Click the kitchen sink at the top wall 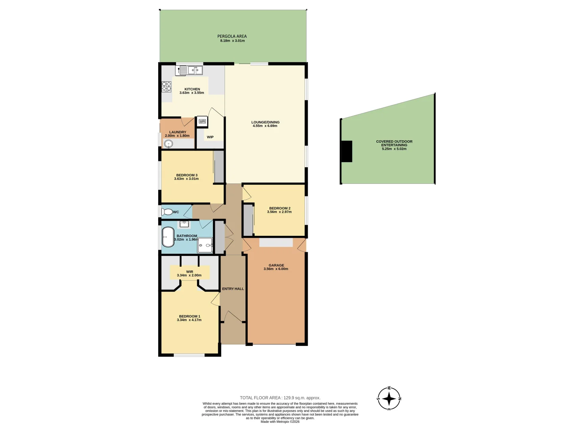[190, 71]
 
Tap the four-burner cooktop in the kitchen [166, 87]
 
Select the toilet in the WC [167, 212]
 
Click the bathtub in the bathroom [168, 237]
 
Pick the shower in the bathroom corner [205, 245]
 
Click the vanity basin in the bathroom [184, 224]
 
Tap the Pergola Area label [232, 36]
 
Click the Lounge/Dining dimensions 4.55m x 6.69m [265, 126]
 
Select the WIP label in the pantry [210, 137]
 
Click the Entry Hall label [233, 289]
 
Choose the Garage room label [276, 266]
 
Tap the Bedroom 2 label [280, 208]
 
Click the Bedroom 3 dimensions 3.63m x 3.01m [186, 179]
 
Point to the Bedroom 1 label [190, 316]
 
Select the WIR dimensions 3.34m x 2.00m [189, 275]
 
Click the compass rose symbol [389, 399]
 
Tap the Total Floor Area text [280, 398]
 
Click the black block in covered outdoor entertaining [347, 151]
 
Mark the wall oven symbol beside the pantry [202, 122]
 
